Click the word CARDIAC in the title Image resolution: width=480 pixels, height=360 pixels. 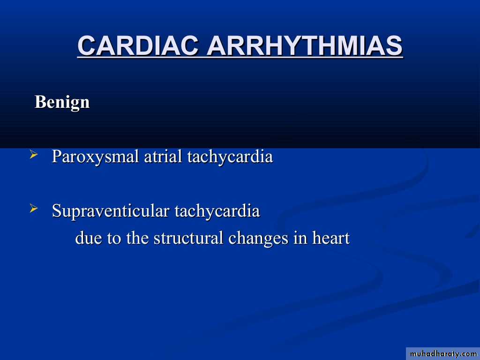[x=138, y=45]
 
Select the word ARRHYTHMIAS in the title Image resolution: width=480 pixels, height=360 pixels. [x=305, y=45]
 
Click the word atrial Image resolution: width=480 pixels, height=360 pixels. [x=163, y=156]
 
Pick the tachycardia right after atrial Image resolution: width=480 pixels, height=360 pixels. [x=230, y=157]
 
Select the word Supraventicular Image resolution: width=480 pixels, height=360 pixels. [x=111, y=211]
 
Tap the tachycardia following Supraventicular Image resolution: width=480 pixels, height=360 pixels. [x=217, y=211]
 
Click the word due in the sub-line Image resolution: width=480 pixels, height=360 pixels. [x=89, y=238]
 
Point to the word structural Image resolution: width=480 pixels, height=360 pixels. [x=188, y=238]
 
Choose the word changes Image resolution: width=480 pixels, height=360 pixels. [x=258, y=239]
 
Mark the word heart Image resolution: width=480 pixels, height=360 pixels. [x=330, y=238]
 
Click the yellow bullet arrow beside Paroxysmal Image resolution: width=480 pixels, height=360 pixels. [x=34, y=155]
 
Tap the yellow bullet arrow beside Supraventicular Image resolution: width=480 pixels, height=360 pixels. [x=34, y=209]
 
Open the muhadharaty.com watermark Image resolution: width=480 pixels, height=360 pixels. [x=443, y=354]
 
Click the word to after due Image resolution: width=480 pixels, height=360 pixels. [x=114, y=239]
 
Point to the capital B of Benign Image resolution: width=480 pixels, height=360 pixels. [x=41, y=102]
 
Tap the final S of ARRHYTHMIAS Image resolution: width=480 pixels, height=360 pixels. [x=393, y=45]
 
